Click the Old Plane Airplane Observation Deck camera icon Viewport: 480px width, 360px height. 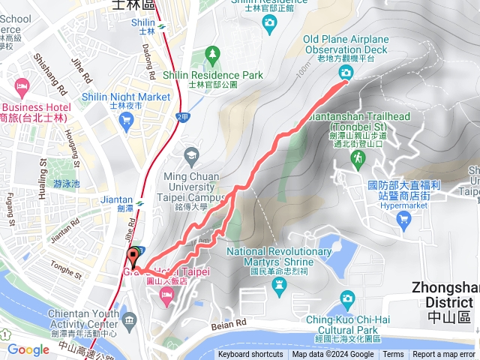point(346,72)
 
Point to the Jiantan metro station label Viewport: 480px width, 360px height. point(116,201)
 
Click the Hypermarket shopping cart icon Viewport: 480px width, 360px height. point(404,219)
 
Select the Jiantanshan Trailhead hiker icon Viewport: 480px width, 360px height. point(358,157)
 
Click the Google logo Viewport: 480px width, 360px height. point(28,349)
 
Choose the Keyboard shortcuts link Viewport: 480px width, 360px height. point(250,355)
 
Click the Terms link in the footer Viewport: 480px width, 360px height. point(393,355)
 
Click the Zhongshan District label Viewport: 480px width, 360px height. point(445,294)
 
